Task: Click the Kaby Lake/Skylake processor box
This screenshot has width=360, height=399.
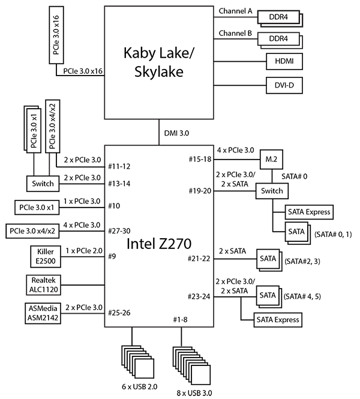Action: [159, 62]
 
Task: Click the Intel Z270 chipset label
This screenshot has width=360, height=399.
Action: [159, 244]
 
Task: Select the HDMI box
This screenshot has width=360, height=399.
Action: [283, 62]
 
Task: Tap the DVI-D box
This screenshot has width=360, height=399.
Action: [283, 86]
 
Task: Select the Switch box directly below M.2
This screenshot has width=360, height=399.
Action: [272, 191]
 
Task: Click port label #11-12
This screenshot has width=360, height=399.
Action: [119, 166]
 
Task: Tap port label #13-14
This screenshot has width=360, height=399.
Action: [119, 184]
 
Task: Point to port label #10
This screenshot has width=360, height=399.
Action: [114, 206]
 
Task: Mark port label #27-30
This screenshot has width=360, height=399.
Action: [119, 231]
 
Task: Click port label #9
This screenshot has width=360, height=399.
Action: [112, 256]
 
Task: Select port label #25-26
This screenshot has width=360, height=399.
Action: [119, 313]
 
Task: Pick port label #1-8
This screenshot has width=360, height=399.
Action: [180, 319]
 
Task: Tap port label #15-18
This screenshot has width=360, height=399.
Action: [199, 159]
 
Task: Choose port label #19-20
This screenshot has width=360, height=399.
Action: [199, 191]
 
